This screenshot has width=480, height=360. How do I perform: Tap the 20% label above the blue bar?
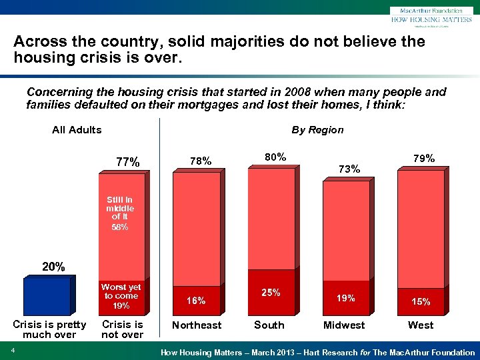coord(54,267)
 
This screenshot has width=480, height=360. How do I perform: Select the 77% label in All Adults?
coord(128,162)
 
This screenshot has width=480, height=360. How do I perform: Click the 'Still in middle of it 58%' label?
coord(120,213)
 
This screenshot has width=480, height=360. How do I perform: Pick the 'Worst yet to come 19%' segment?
coord(121,297)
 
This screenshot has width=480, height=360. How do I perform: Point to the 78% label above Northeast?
coord(200,161)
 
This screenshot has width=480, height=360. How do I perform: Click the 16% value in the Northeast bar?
coord(196,301)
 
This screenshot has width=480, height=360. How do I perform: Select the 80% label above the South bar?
coord(275,157)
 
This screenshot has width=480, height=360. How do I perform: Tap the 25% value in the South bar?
coord(271,293)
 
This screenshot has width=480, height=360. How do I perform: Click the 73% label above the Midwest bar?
coord(349,169)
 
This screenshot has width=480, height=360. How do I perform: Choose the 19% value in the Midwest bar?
coord(345,299)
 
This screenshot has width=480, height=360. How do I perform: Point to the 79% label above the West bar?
coord(423,159)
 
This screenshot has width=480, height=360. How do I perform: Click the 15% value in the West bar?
coord(420,301)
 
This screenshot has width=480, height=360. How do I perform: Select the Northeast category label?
coord(197,325)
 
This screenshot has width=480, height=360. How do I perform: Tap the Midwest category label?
coord(344,325)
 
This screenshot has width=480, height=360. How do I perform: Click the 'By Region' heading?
coord(317,130)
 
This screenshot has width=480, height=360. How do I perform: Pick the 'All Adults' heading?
coord(77,130)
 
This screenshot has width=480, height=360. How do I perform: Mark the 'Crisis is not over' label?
coord(122,329)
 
